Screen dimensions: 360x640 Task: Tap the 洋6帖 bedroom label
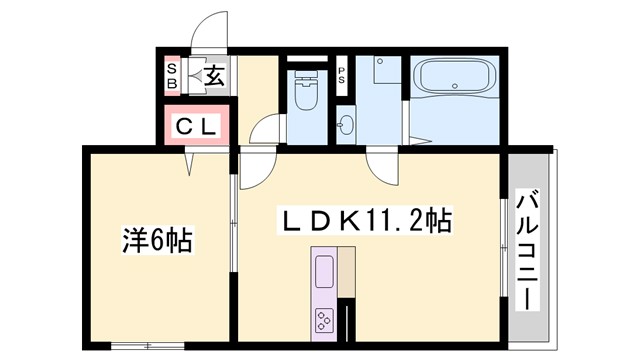pyautogui.click(x=157, y=241)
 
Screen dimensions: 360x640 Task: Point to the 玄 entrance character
pyautogui.click(x=216, y=74)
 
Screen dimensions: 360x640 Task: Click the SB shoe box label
pyautogui.click(x=172, y=76)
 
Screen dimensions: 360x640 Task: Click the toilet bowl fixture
pyautogui.click(x=306, y=96)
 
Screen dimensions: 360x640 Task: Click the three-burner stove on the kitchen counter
pyautogui.click(x=326, y=320)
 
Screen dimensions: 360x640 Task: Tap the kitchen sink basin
pyautogui.click(x=326, y=271)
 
